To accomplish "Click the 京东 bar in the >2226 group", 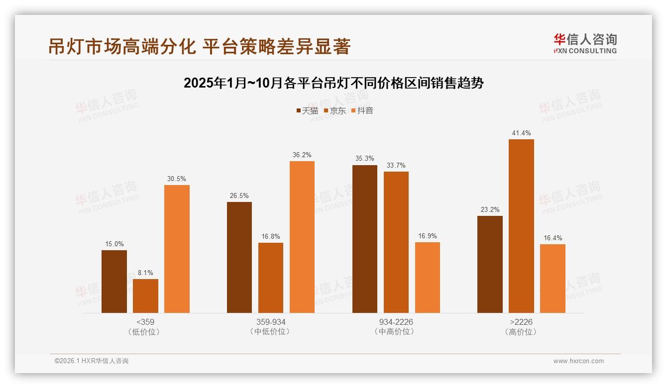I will (521, 226).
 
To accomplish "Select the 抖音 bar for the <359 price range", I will (177, 249).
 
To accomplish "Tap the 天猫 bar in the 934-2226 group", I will (365, 239).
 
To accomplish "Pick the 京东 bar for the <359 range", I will (145, 296).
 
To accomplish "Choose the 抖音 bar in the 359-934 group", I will (302, 237).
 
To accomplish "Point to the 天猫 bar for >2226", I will (490, 264).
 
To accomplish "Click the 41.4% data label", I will (521, 133).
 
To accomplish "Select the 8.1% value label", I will (145, 273).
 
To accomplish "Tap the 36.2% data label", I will (302, 155).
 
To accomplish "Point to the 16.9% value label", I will (428, 236).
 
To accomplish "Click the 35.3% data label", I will (365, 159).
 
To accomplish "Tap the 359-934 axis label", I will (271, 322).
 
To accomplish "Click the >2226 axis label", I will (521, 322).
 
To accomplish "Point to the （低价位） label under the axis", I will (145, 332).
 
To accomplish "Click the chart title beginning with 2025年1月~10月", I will (333, 83).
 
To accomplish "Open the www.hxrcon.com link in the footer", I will (578, 361).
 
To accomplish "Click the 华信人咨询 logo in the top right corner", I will (585, 43).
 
